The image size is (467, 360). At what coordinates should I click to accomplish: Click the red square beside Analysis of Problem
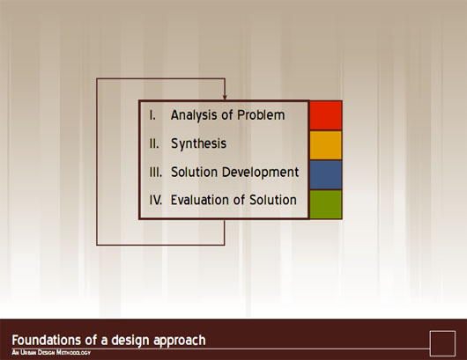coord(326,115)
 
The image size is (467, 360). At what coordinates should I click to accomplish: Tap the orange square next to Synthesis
coord(326,145)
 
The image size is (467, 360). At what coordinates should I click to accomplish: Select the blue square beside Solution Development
coord(326,174)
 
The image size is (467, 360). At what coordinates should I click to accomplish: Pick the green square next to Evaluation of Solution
coord(326,204)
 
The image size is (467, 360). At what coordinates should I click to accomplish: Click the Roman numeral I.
coord(152,115)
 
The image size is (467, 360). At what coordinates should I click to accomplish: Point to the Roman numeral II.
coord(154,143)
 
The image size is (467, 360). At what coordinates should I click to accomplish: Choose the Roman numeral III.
coord(156,172)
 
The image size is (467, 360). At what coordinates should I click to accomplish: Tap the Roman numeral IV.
coord(156,200)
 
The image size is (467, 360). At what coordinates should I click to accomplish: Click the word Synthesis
coord(198,143)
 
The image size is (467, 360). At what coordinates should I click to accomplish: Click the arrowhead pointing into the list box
coord(225,98)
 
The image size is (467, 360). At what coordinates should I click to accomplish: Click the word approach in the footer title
coord(179,341)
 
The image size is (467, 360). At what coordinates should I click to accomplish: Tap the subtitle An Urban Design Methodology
coord(51,353)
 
